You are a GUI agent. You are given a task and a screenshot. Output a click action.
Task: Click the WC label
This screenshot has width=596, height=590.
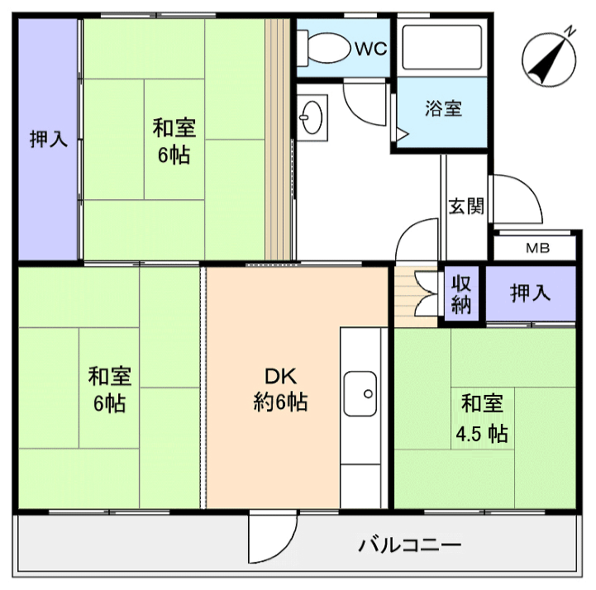pyautogui.click(x=371, y=49)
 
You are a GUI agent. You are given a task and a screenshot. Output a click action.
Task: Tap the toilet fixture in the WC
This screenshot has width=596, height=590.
pyautogui.click(x=327, y=46)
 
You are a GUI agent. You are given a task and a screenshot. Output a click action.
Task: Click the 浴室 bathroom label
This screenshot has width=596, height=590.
pyautogui.click(x=443, y=108)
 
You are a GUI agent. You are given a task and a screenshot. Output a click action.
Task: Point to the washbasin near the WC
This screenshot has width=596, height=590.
pyautogui.click(x=312, y=117)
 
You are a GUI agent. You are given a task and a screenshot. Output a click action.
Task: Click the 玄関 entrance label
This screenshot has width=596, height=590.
pyautogui.click(x=465, y=206)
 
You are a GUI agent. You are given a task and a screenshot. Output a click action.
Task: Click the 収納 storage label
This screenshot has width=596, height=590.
pyautogui.click(x=461, y=294)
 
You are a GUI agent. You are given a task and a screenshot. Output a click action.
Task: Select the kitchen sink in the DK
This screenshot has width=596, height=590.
pyautogui.click(x=360, y=395)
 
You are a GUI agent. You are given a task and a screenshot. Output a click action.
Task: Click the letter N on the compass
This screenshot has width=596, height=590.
pyautogui.click(x=570, y=31)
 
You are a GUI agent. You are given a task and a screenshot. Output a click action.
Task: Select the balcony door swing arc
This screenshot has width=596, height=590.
pyautogui.click(x=269, y=541)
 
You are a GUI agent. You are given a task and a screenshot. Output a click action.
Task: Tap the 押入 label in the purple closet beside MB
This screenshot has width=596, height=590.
pyautogui.click(x=530, y=293)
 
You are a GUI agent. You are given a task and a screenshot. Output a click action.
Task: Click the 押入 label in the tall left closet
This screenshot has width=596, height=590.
pyautogui.click(x=48, y=140)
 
